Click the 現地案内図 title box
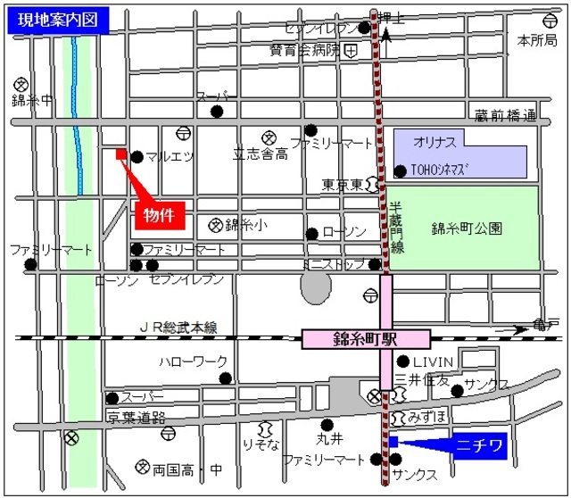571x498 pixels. pos(56,20)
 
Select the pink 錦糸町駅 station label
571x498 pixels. pos(366,339)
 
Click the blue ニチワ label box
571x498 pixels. pos(481,444)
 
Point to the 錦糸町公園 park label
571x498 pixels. pos(466,228)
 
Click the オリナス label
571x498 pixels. pos(434,143)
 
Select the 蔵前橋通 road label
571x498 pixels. pos(506,116)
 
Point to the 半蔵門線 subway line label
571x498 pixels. pos(397,227)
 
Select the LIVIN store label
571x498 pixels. pos(433,361)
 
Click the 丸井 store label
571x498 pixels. pos(329,439)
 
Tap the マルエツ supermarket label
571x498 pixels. pos(170,157)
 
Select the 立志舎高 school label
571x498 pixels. pos(261,154)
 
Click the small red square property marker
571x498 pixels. pos(121,154)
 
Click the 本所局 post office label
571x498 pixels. pos(536,40)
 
